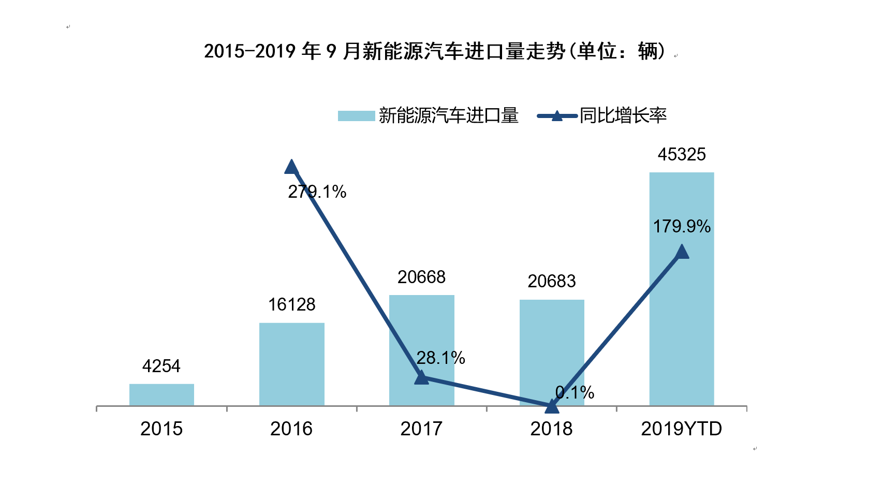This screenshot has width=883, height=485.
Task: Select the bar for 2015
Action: [161, 394]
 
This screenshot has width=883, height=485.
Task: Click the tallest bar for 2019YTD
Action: [681, 321]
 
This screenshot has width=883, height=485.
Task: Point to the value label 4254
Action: [161, 366]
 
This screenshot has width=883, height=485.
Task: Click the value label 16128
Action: [291, 305]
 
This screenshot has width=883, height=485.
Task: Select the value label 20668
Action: [421, 277]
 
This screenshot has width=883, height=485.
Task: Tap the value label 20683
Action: [551, 282]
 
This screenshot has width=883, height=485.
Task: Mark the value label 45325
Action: [681, 155]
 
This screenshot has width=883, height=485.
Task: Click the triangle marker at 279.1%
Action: [291, 167]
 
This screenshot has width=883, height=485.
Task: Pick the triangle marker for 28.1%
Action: [421, 378]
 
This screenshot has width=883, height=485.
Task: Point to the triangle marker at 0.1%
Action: [552, 407]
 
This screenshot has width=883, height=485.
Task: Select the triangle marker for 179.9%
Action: [682, 252]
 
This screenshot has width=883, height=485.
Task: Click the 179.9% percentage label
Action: [681, 227]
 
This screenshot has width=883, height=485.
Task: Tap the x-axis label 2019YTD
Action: [681, 429]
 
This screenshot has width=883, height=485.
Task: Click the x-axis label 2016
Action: [291, 429]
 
